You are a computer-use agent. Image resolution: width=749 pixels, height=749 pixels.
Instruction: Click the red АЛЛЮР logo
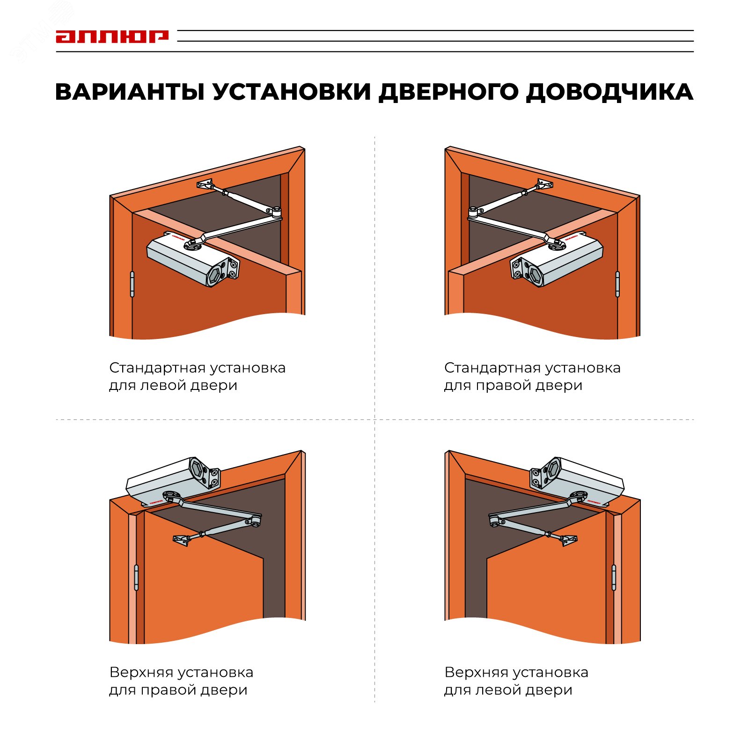[112, 37]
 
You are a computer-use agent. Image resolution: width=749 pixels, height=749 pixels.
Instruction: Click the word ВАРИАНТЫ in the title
[130, 92]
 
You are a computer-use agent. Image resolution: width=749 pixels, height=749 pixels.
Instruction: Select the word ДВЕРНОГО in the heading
[448, 92]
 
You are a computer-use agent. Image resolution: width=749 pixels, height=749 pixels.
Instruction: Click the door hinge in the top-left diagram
[132, 284]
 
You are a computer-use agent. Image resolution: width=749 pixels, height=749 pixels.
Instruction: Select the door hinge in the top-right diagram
[617, 284]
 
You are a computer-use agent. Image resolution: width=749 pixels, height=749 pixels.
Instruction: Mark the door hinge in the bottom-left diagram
[136, 577]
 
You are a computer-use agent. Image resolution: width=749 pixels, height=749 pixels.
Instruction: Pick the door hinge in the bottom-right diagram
[614, 577]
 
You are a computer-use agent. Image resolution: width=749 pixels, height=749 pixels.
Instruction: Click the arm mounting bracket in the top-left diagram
[206, 184]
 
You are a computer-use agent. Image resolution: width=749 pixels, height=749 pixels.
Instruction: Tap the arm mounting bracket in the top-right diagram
[544, 184]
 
